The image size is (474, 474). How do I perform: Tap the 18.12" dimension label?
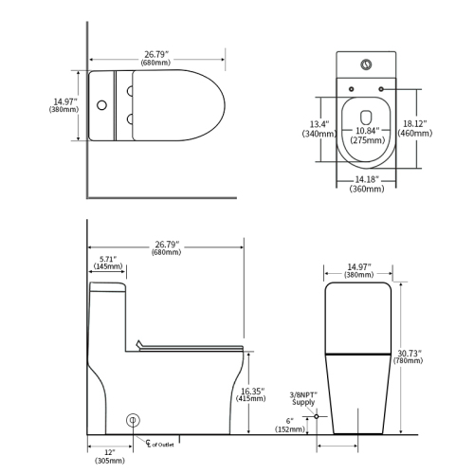point(414,123)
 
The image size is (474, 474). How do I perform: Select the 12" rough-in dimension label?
point(109,451)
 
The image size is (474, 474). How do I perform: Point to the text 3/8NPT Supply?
point(302,398)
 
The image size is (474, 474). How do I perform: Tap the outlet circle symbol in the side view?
point(134,418)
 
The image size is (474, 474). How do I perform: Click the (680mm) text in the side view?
point(167,252)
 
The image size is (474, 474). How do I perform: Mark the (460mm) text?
point(414,134)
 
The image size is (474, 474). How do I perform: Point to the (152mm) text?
point(291,430)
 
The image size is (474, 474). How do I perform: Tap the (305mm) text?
point(109,461)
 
